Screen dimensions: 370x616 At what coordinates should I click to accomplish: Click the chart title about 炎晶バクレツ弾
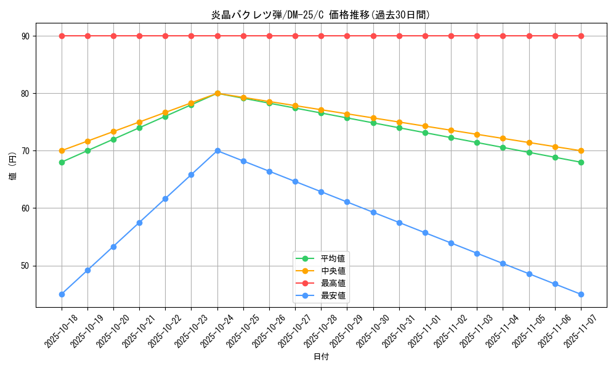pyautogui.click(x=320, y=15)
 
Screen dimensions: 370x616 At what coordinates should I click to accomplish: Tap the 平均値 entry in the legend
pyautogui.click(x=333, y=258)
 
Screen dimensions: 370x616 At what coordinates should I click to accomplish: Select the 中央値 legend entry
pyautogui.click(x=333, y=271)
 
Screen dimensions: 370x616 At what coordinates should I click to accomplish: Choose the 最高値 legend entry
pyautogui.click(x=333, y=283)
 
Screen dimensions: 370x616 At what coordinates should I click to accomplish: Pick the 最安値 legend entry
pyautogui.click(x=333, y=295)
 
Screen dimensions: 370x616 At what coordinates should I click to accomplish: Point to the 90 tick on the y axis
pyautogui.click(x=26, y=36)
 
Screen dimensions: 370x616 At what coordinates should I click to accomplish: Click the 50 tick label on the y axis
pyautogui.click(x=26, y=266)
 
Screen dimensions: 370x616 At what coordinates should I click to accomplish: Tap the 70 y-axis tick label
pyautogui.click(x=26, y=151)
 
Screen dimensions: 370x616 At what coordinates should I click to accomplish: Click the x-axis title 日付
pyautogui.click(x=321, y=356)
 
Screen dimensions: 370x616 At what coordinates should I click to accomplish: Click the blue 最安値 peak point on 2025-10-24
pyautogui.click(x=217, y=150)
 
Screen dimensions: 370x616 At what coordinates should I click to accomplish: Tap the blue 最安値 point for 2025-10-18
pyautogui.click(x=62, y=294)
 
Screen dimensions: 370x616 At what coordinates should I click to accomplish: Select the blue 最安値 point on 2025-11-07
pyautogui.click(x=581, y=294)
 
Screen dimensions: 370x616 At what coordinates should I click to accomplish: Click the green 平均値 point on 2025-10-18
pyautogui.click(x=62, y=162)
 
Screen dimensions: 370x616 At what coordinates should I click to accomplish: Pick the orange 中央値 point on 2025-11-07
pyautogui.click(x=581, y=151)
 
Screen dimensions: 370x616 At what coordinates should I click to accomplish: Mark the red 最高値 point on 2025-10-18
pyautogui.click(x=62, y=36)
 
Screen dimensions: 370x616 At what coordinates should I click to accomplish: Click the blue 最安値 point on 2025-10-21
pyautogui.click(x=139, y=223)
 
